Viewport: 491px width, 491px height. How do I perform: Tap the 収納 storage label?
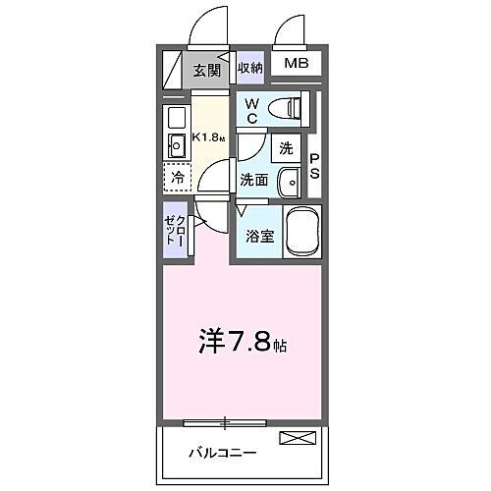tap(249, 68)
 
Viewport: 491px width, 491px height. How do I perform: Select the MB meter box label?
tap(296, 66)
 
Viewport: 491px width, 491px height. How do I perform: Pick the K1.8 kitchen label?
tap(208, 136)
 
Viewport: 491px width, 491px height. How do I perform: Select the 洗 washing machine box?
tap(286, 149)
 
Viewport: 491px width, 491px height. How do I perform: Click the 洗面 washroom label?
tap(254, 180)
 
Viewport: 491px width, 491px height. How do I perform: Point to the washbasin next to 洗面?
tap(289, 182)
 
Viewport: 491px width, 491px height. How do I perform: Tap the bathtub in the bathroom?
tap(300, 232)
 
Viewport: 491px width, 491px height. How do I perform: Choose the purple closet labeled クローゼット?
tap(175, 232)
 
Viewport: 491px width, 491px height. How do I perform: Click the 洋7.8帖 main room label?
tap(245, 345)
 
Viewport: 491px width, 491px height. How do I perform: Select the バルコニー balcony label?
tap(223, 453)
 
